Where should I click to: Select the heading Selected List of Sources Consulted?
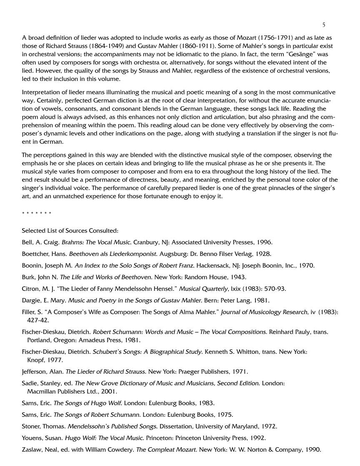(70, 230)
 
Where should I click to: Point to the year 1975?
(225, 415)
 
